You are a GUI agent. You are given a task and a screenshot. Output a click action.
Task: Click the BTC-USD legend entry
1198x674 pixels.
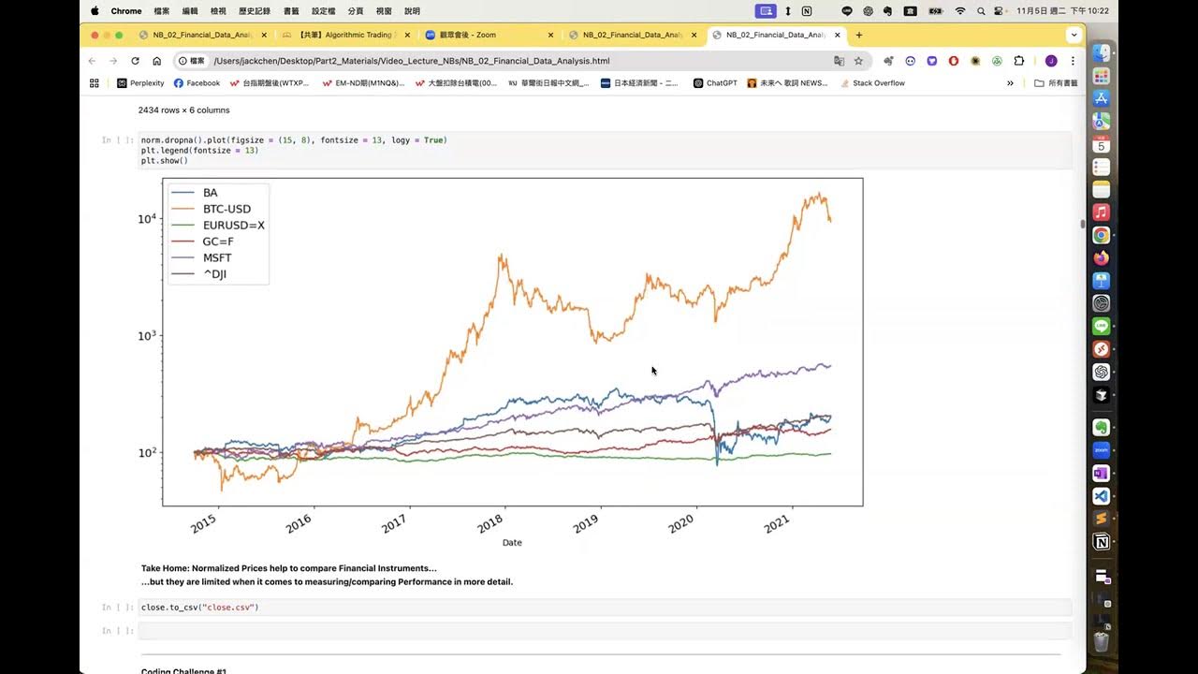226,209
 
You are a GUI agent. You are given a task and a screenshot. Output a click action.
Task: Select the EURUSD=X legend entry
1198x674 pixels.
233,226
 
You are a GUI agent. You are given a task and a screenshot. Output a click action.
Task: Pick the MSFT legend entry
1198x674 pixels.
217,257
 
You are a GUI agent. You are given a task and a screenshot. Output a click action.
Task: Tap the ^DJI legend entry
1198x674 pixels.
214,274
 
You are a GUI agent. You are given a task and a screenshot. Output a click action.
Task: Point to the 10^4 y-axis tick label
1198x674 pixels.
148,219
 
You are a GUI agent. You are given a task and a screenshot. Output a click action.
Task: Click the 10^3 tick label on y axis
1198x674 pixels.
148,335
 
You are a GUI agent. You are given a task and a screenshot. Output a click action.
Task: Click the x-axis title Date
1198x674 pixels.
512,543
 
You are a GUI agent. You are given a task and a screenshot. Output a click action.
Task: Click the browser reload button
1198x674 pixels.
135,61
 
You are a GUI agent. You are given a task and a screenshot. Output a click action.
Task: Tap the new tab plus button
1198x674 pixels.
859,36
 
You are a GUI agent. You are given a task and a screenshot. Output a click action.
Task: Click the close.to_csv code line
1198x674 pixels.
199,608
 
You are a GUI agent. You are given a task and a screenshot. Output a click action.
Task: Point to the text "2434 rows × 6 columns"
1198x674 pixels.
183,110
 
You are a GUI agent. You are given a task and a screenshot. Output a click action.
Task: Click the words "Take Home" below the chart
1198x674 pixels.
164,568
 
